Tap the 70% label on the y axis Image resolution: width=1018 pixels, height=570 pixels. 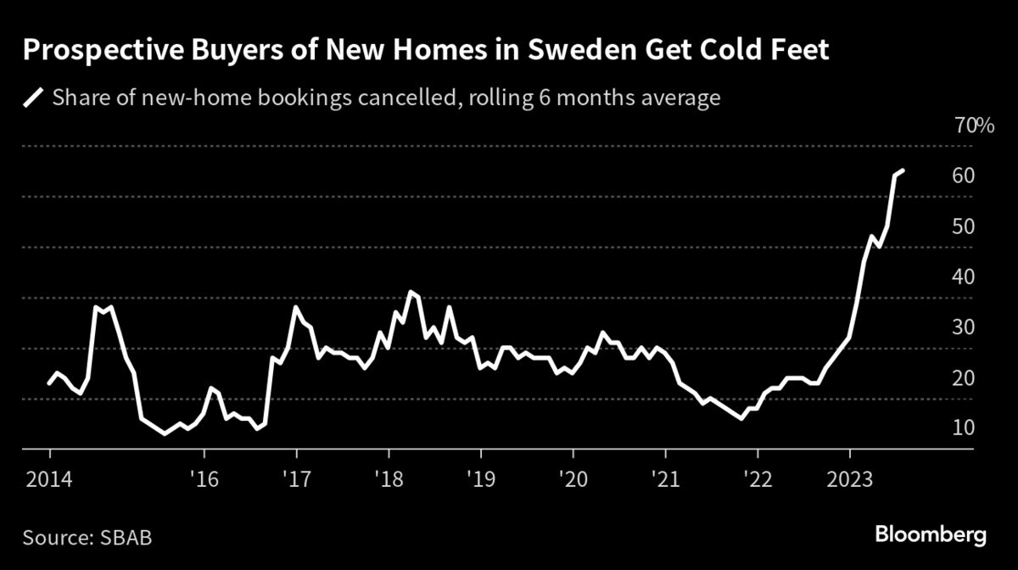pyautogui.click(x=974, y=126)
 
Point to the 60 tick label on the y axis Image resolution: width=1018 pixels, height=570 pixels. pyautogui.click(x=962, y=176)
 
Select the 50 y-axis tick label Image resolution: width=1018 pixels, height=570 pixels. pyautogui.click(x=962, y=227)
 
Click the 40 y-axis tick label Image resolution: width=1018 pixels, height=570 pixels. pyautogui.click(x=962, y=277)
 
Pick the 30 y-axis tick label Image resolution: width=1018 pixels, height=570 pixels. pyautogui.click(x=962, y=328)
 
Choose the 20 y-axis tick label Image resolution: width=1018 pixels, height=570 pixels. pyautogui.click(x=962, y=378)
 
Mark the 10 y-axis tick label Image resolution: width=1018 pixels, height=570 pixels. pyautogui.click(x=962, y=428)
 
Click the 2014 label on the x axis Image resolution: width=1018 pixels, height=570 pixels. pyautogui.click(x=49, y=479)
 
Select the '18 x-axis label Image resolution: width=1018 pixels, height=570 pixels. pyautogui.click(x=389, y=479)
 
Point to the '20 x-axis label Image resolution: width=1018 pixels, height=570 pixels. pyautogui.click(x=573, y=479)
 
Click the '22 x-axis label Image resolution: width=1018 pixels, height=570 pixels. pyautogui.click(x=757, y=479)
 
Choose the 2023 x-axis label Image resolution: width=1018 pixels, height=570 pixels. pyautogui.click(x=849, y=479)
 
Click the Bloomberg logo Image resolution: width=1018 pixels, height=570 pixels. pyautogui.click(x=931, y=535)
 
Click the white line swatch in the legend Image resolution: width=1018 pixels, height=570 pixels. pyautogui.click(x=35, y=98)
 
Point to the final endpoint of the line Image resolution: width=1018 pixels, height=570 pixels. pyautogui.click(x=903, y=170)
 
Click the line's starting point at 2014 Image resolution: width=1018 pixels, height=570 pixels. pyautogui.click(x=49, y=384)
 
